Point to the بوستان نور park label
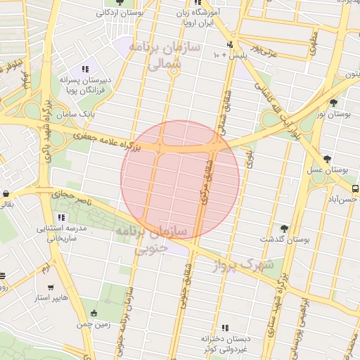[x=333, y=114]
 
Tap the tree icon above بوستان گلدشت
[x=284, y=229]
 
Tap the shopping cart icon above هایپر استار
[x=51, y=288]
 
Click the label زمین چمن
[x=95, y=325]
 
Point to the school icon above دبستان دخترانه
[x=225, y=328]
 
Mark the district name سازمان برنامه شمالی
[x=174, y=55]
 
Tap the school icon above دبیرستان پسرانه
[x=85, y=69]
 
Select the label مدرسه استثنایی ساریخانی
[x=61, y=233]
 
